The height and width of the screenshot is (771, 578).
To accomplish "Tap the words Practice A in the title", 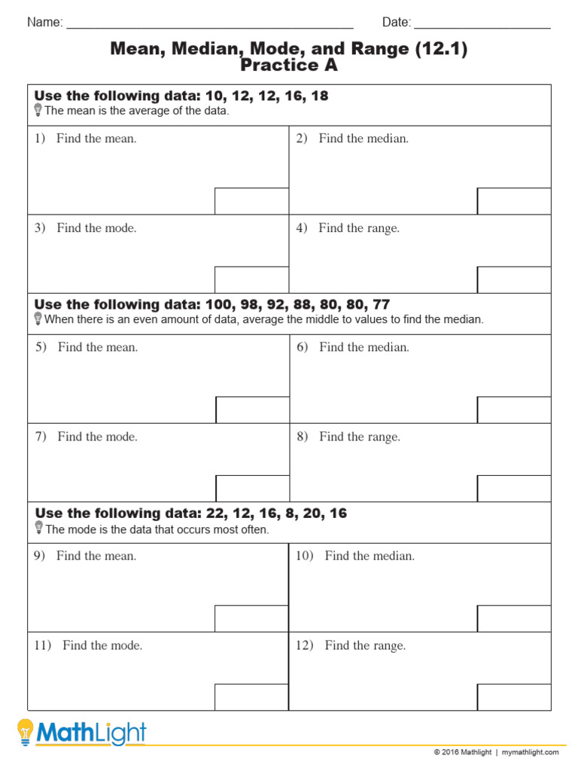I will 289,66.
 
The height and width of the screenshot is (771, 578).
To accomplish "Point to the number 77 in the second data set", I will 381,305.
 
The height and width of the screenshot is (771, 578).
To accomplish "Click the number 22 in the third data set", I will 214,513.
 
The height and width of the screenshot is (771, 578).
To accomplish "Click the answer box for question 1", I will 251,201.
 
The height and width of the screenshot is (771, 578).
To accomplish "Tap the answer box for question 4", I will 514,279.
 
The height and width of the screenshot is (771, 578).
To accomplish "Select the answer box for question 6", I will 514,410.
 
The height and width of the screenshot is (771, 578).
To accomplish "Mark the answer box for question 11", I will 251,696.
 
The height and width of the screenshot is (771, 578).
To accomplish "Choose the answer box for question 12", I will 514,696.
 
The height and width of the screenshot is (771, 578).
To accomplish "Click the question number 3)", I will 40,228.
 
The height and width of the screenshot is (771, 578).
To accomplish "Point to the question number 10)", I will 304,556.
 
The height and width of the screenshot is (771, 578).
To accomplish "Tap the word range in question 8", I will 385,437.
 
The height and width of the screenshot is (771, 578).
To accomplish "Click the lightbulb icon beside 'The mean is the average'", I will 38,111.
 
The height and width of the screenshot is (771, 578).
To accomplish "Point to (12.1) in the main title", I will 440,49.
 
